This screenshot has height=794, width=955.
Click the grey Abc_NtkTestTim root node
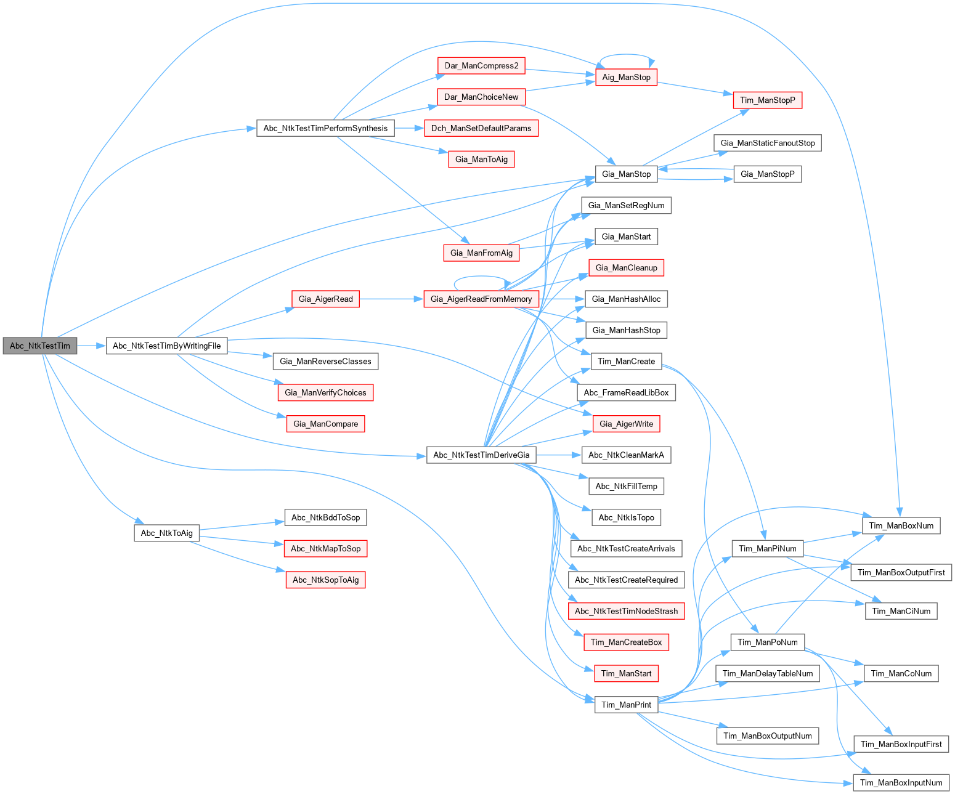click(x=40, y=346)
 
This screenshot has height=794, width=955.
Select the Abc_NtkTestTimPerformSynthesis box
click(x=325, y=128)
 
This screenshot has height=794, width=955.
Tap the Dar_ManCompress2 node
click(x=481, y=66)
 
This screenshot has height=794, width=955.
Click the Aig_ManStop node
click(x=626, y=77)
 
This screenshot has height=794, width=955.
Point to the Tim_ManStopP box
click(x=767, y=100)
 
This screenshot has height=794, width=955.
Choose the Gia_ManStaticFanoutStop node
click(x=767, y=143)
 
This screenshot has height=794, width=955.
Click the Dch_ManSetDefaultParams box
click(x=481, y=128)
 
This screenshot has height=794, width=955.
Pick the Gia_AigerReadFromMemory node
click(x=481, y=299)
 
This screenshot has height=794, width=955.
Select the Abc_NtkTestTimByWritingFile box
click(x=166, y=346)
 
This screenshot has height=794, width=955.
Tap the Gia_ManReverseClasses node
click(x=325, y=361)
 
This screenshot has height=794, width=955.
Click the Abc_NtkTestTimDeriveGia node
click(x=481, y=455)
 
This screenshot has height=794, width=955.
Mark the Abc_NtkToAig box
click(x=166, y=533)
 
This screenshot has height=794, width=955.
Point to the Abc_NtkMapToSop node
click(x=325, y=548)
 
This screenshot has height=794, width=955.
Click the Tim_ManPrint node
click(x=626, y=705)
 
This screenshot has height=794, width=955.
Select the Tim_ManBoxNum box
click(x=901, y=525)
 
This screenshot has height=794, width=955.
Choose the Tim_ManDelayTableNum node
click(x=767, y=673)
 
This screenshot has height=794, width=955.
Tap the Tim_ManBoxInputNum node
click(x=901, y=782)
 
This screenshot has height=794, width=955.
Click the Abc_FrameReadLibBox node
click(x=626, y=392)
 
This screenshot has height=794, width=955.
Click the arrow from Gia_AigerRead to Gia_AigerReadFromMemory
click(x=391, y=299)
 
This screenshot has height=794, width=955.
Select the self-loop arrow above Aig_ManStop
click(x=626, y=55)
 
